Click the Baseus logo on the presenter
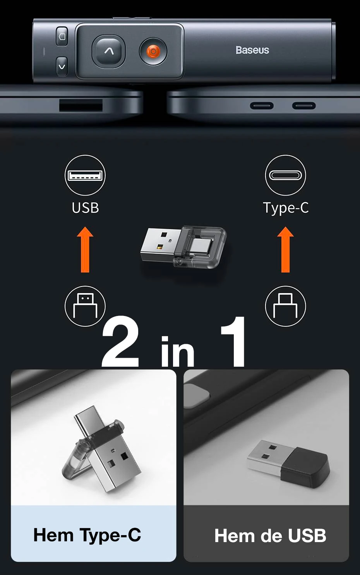coord(252,50)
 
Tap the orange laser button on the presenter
coord(153,51)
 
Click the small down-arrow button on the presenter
coord(62,67)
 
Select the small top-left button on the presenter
coord(62,36)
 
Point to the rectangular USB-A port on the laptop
coord(81,105)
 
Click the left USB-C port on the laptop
coord(262,106)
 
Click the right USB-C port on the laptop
coord(304,106)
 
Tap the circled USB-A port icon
coord(85,175)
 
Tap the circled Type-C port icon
coord(285,175)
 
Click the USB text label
coord(85,208)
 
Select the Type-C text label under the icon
coord(286,208)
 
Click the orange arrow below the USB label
coord(85,249)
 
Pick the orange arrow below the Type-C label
coord(285,249)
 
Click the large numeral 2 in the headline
coord(120,342)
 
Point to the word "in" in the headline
coord(177,351)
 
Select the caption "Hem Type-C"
coord(87,535)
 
